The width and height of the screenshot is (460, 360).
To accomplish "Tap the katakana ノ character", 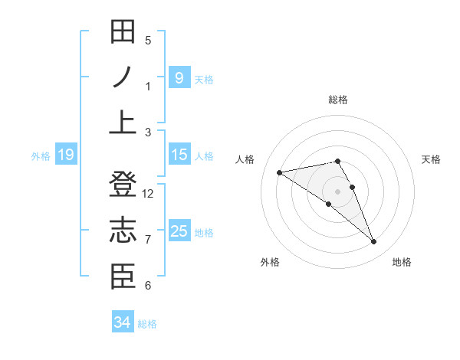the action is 123,77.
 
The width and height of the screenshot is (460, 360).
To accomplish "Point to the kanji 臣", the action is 123,277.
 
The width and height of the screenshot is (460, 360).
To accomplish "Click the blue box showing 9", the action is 179,77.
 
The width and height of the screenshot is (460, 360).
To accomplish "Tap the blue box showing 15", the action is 179,155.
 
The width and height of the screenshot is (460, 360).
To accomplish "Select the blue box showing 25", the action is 179,231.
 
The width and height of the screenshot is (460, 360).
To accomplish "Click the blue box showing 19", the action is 65,155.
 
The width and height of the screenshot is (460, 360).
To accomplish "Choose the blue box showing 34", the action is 122,322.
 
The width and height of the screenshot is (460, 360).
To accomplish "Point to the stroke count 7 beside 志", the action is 148,240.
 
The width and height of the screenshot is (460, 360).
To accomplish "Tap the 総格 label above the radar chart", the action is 338,100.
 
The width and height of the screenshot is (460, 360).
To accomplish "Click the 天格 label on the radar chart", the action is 431,159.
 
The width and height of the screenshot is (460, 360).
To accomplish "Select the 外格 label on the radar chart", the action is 269,262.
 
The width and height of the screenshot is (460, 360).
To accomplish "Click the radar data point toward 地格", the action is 374,242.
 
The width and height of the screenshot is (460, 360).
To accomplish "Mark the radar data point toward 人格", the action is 280,172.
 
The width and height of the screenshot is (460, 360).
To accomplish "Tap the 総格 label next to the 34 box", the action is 147,324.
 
